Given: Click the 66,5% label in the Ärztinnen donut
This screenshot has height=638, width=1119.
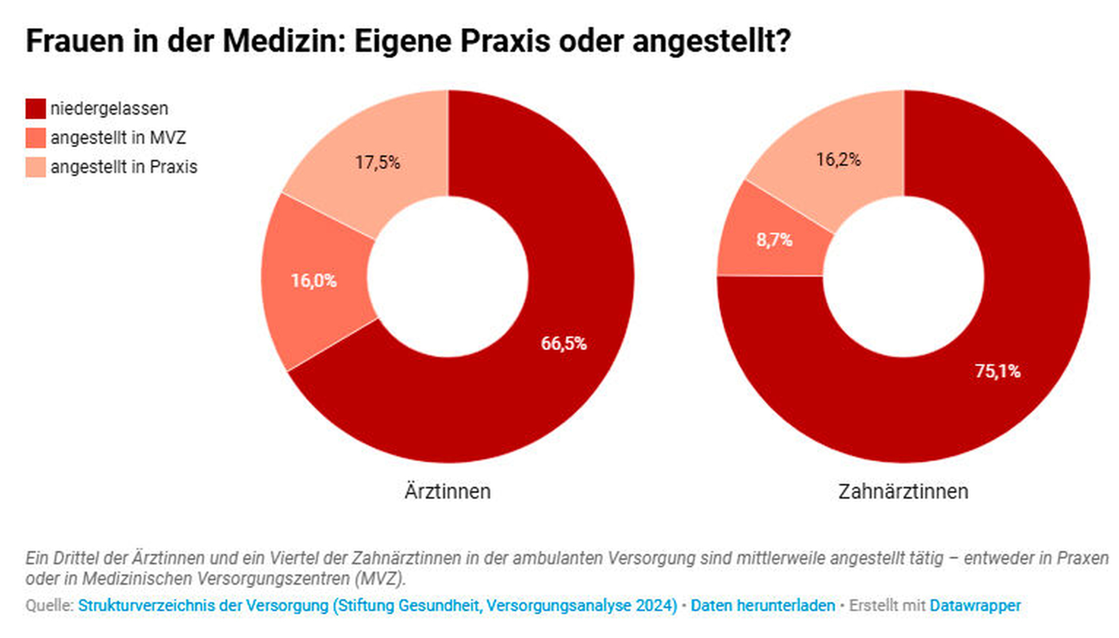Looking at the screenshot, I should (x=564, y=344).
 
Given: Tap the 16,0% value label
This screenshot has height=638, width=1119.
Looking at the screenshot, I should (x=314, y=281).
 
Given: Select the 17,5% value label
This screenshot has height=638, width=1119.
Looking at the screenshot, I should (x=378, y=162).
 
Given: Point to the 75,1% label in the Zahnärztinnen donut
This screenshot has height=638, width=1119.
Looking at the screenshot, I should (x=998, y=371).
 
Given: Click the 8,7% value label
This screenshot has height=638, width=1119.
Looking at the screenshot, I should (x=774, y=240).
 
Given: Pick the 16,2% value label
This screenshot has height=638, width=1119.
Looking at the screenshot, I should (x=839, y=159).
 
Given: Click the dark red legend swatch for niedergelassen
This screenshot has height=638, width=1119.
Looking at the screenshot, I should (x=35, y=109).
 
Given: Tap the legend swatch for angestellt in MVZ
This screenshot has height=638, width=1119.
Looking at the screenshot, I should (x=35, y=138).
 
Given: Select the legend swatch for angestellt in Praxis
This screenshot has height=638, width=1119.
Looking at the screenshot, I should (x=35, y=167).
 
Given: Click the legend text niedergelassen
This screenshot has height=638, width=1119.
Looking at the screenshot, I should (x=110, y=109).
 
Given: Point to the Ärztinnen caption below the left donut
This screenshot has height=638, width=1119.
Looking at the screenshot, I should (x=448, y=491).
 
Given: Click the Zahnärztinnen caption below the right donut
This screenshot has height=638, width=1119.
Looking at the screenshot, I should (x=903, y=491).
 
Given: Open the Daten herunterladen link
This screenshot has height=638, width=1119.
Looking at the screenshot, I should (x=763, y=606).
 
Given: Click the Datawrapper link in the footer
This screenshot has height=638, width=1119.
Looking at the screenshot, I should (x=975, y=606).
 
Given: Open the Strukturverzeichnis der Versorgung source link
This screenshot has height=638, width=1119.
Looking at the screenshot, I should (x=378, y=606).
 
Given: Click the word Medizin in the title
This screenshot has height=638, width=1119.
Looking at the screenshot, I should (x=284, y=41).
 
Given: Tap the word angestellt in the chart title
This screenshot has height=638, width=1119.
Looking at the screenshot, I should (x=711, y=41).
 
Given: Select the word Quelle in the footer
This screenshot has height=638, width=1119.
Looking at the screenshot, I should (x=49, y=606).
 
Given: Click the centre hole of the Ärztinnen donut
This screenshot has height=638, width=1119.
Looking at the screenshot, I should (x=448, y=277).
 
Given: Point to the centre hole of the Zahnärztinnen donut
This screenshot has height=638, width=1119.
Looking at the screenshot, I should (x=903, y=277).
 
